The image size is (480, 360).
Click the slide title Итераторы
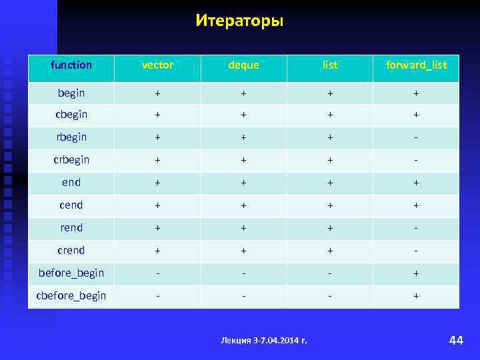click(239, 21)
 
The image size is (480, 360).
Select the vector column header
click(157, 65)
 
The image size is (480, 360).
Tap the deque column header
click(243, 65)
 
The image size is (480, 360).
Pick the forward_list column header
click(416, 65)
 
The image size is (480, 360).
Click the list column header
click(329, 65)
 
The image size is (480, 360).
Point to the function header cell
click(71, 65)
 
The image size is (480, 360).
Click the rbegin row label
click(71, 137)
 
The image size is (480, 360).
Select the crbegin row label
click(71, 160)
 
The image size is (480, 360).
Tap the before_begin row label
click(71, 273)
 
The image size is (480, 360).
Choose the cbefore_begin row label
click(71, 296)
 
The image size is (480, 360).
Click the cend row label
click(71, 205)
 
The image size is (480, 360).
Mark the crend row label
click(71, 251)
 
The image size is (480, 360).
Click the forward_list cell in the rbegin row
click(416, 137)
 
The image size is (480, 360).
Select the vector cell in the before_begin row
click(157, 273)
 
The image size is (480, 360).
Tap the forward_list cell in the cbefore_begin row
click(416, 296)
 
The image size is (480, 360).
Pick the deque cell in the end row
click(243, 183)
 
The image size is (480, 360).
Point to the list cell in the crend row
click(329, 251)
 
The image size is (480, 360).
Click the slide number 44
click(456, 341)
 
